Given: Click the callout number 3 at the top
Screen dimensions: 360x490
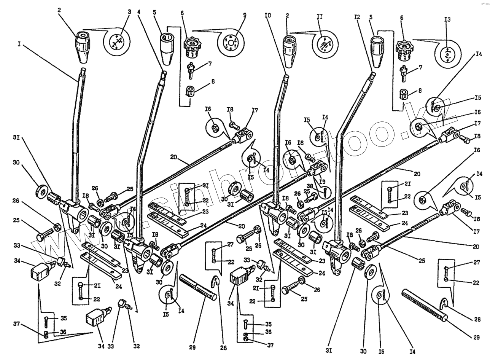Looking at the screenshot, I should (x=129, y=12).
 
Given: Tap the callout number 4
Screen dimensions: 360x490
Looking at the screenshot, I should (x=139, y=12).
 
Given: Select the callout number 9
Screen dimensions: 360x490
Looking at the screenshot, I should (x=245, y=15).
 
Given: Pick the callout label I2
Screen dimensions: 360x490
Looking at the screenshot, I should (x=356, y=17).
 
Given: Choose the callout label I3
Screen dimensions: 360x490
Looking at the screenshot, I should (x=447, y=20).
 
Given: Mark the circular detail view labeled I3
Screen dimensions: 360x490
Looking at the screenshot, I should (x=447, y=53).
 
